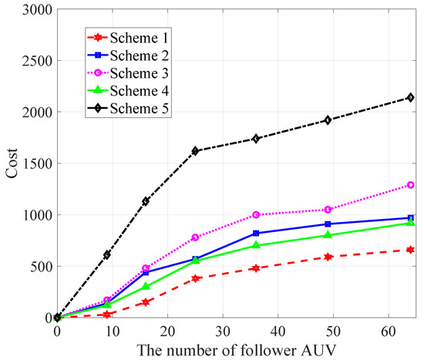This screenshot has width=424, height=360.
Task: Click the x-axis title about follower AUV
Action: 236,348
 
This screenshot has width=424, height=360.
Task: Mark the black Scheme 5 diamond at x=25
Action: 196,151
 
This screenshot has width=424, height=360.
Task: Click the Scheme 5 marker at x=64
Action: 411,98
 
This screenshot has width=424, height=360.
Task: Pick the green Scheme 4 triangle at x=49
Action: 328,235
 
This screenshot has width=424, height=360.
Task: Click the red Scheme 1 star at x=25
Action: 196,278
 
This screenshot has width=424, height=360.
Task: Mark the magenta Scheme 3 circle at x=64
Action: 411,185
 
